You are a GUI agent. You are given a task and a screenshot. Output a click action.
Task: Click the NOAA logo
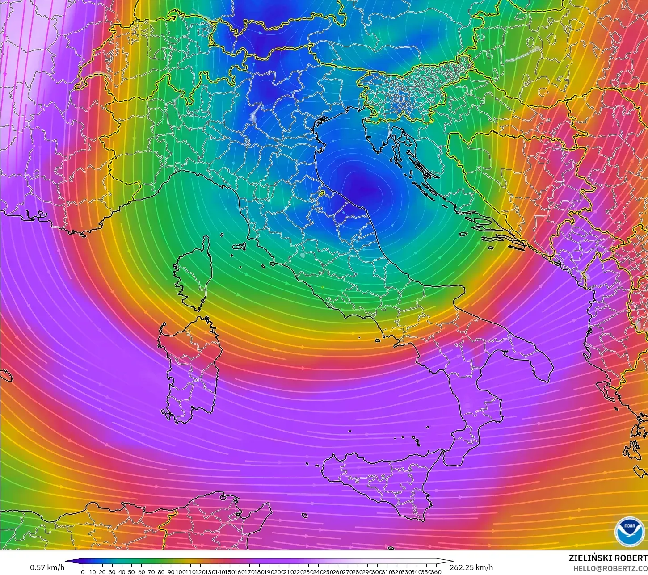coord(627,531)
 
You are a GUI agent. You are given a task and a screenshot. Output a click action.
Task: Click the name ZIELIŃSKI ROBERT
coord(608,558)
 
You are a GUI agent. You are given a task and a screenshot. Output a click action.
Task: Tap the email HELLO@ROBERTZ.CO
coord(610,568)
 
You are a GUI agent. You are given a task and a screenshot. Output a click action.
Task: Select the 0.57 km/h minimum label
coord(47,567)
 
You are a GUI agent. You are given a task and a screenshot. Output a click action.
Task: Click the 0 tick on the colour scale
coord(83,571)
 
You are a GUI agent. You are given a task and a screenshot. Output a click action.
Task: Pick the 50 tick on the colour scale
coord(131,571)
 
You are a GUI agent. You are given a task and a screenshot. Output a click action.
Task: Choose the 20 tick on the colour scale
coord(102,571)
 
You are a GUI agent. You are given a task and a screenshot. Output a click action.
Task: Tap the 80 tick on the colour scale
coord(161,571)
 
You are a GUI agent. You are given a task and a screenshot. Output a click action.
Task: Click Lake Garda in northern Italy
coord(255,112)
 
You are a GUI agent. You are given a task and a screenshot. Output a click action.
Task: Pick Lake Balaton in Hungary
coord(521,55)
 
